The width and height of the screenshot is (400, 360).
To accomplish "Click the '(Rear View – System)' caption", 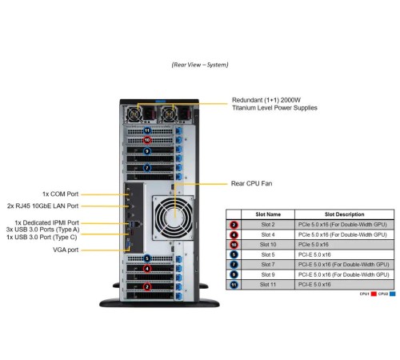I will tap(200, 64).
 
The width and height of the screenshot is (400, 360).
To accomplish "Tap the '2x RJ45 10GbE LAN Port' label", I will tap(48, 206).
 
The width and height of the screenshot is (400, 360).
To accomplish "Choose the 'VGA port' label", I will tap(68, 249).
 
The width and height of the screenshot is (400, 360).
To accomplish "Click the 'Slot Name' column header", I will tap(268, 214).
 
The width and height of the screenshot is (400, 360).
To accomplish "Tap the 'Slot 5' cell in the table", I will tap(268, 254).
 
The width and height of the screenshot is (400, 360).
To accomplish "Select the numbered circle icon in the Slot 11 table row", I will tap(234, 283).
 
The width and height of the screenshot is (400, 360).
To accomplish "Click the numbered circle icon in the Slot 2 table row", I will tap(234, 224).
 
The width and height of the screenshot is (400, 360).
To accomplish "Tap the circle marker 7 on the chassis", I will tap(147, 168).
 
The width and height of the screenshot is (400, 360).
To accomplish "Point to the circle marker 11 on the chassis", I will tap(147, 130).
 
